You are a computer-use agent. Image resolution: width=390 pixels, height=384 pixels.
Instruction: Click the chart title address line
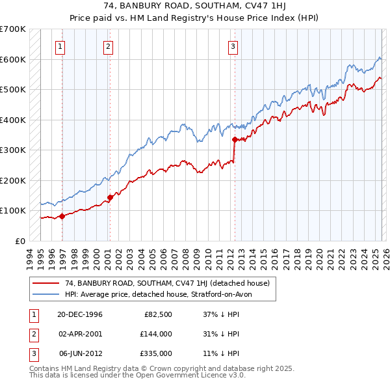(x=194, y=7)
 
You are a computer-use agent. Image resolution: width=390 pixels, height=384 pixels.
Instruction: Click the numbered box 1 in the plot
(x=60, y=46)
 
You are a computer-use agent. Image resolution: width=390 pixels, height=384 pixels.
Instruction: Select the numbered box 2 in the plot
(x=107, y=46)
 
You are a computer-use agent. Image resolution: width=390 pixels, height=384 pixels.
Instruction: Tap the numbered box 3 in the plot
(x=233, y=46)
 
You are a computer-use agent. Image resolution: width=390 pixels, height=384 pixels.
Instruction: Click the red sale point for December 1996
(x=62, y=216)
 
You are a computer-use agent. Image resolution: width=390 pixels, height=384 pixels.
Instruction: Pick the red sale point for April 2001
(x=110, y=197)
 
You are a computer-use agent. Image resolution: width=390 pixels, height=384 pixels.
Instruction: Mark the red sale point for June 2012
(x=234, y=139)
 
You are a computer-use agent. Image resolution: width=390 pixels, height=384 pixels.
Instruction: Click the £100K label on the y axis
(x=13, y=211)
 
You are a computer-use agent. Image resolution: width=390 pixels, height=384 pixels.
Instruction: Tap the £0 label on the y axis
(x=19, y=241)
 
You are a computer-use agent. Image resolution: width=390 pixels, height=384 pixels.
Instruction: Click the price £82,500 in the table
(x=158, y=314)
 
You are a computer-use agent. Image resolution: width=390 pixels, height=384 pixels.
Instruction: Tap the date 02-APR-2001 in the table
(x=81, y=334)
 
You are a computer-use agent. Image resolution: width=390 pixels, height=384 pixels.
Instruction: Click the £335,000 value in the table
(x=156, y=353)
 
